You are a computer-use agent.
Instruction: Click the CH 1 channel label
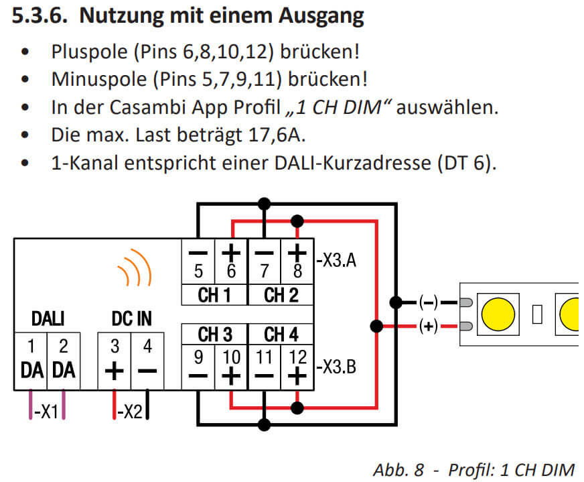click(214, 295)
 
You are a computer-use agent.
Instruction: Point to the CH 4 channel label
click(281, 333)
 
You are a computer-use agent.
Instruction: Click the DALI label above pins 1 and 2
click(47, 318)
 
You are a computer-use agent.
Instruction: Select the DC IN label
click(131, 318)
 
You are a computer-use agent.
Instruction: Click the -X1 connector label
click(47, 410)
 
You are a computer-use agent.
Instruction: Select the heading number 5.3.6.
click(40, 16)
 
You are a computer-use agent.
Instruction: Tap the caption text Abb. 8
click(398, 469)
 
